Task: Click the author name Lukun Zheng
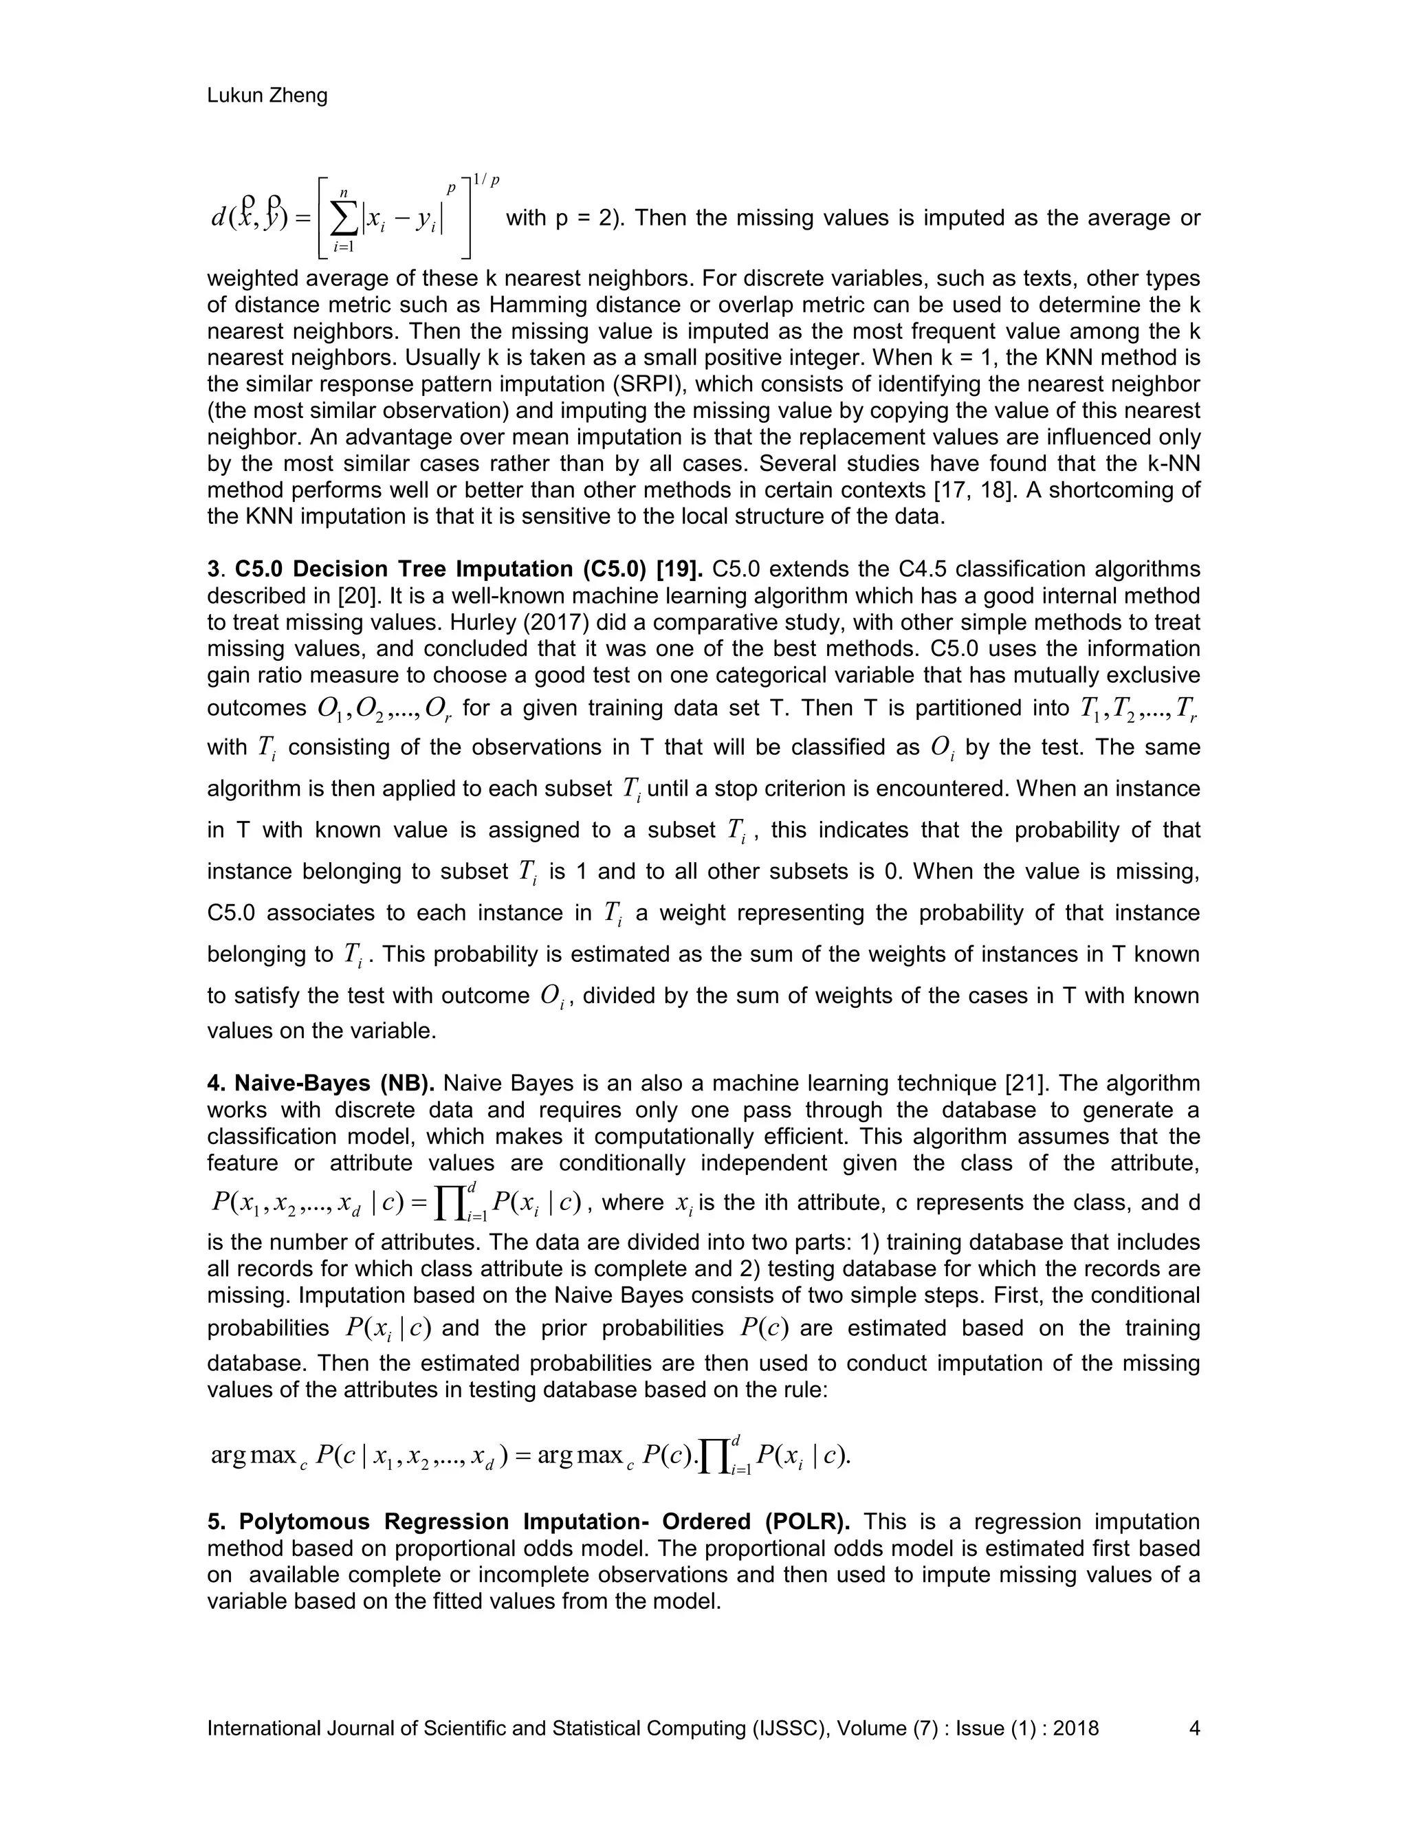click(x=267, y=96)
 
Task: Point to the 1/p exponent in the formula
click(x=485, y=181)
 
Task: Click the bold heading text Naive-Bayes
click(x=302, y=1083)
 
